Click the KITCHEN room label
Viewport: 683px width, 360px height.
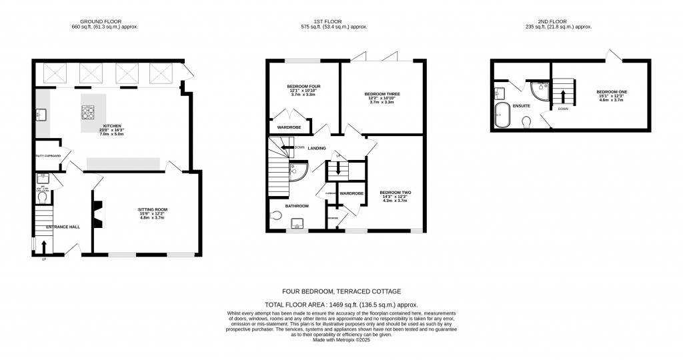point(89,125)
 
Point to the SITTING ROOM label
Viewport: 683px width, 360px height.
point(153,209)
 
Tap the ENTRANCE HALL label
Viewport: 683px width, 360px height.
point(63,227)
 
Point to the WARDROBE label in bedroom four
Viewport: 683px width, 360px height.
point(289,127)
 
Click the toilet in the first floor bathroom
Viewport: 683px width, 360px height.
point(277,215)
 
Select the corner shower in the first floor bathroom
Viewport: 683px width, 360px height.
point(297,171)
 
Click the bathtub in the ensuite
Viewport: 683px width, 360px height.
point(502,115)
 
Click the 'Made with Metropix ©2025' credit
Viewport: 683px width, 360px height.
point(341,339)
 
